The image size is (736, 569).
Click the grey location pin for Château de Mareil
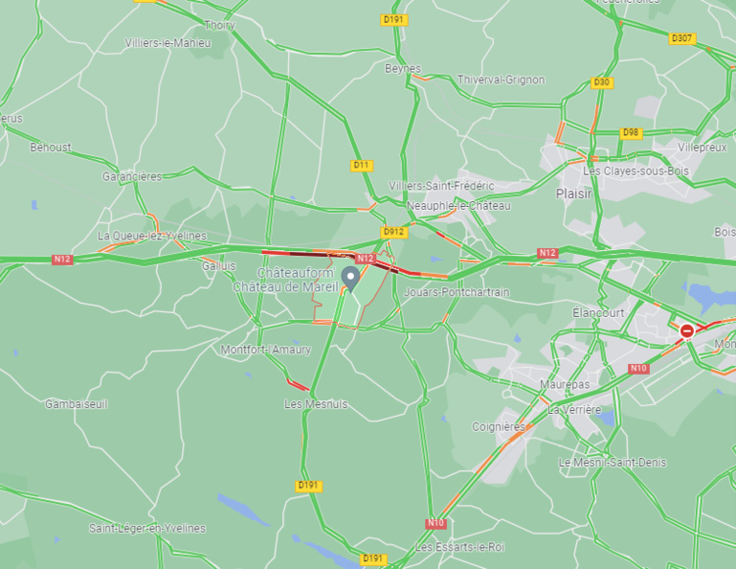click(x=351, y=279)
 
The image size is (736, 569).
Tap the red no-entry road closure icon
click(x=686, y=330)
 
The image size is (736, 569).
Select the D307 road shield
click(x=681, y=38)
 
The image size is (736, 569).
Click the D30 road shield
click(x=602, y=82)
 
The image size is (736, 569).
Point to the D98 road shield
click(x=631, y=132)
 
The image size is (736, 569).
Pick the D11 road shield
click(x=361, y=165)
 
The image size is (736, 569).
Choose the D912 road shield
click(x=393, y=232)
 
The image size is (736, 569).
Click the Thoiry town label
click(x=219, y=25)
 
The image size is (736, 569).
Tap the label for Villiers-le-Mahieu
click(x=168, y=43)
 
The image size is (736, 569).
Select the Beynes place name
click(x=403, y=69)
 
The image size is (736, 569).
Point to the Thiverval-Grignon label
click(x=501, y=80)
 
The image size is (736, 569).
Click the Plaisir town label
click(x=574, y=193)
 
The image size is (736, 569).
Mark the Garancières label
click(x=132, y=176)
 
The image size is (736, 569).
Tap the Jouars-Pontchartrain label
click(x=457, y=291)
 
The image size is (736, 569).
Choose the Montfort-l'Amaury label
click(x=266, y=350)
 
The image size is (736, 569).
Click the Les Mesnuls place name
click(x=316, y=404)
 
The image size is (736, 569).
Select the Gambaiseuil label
click(x=77, y=404)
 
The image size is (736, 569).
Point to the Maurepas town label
click(x=565, y=384)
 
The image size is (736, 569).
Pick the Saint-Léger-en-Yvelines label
click(x=147, y=528)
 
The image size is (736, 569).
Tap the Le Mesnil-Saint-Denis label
click(x=613, y=463)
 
